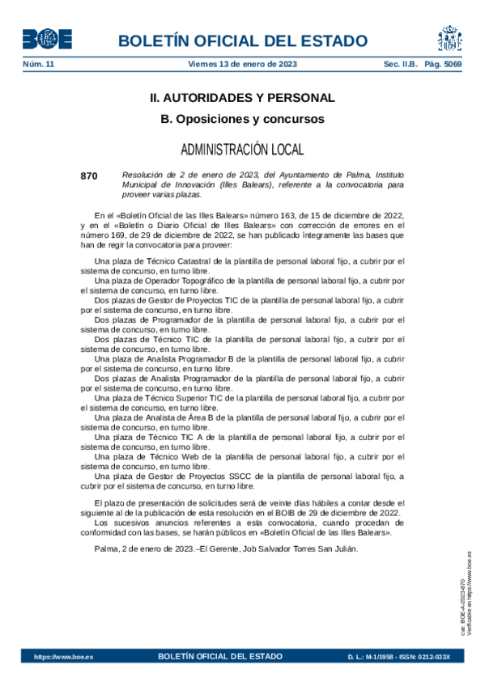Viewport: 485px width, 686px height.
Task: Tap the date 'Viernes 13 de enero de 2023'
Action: click(241, 64)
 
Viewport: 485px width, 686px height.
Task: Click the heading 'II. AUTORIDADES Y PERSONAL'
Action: click(242, 98)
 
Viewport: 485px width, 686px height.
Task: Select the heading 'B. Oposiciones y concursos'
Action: click(242, 119)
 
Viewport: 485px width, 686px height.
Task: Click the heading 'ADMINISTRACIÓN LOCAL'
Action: click(242, 149)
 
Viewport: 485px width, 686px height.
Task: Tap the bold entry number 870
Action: click(89, 176)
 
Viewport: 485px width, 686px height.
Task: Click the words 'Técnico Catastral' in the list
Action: click(176, 261)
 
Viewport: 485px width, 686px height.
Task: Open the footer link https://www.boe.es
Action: click(63, 657)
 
